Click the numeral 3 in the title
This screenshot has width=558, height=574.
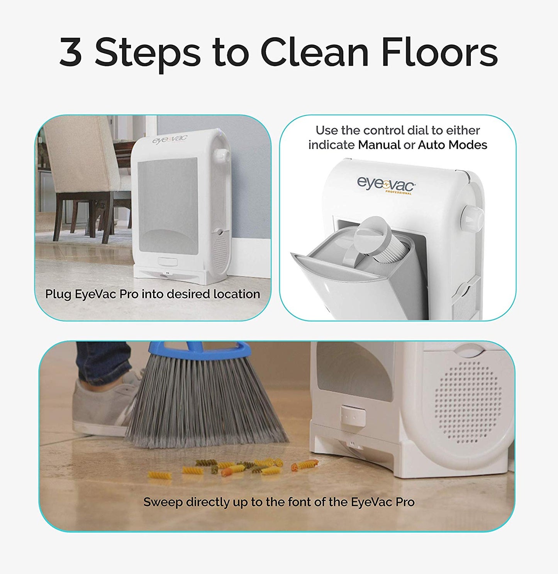coord(71,52)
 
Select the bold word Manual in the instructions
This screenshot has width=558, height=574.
coord(379,145)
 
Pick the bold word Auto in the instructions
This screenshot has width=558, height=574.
coord(430,145)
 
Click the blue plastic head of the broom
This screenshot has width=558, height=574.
coord(201,349)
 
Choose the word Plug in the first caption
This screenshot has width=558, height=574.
coord(58,294)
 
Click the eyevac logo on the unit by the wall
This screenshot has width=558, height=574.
coord(170,139)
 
